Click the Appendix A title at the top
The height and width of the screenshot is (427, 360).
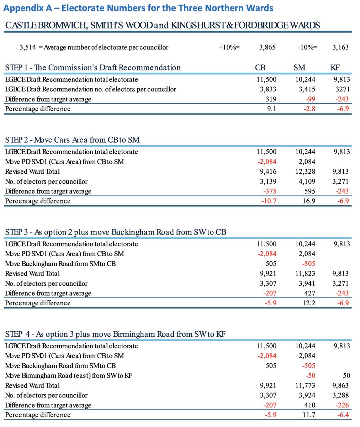pyautogui.click(x=138, y=8)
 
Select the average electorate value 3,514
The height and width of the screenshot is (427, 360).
pyautogui.click(x=27, y=47)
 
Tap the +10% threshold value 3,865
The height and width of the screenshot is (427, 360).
pyautogui.click(x=267, y=47)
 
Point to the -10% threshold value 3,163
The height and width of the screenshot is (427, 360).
pyautogui.click(x=340, y=47)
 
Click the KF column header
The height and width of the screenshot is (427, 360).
pyautogui.click(x=335, y=68)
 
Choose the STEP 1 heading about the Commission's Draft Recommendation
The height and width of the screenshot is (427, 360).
pyautogui.click(x=93, y=68)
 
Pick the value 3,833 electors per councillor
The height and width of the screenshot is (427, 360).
pyautogui.click(x=266, y=89)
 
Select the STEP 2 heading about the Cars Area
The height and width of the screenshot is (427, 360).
pyautogui.click(x=72, y=140)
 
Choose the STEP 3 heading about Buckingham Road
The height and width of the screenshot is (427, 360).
pyautogui.click(x=116, y=232)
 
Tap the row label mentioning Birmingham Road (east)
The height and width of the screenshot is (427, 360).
pyautogui.click(x=69, y=375)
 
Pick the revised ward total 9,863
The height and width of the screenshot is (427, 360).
pyautogui.click(x=340, y=385)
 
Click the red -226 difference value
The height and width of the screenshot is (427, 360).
pyautogui.click(x=342, y=405)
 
